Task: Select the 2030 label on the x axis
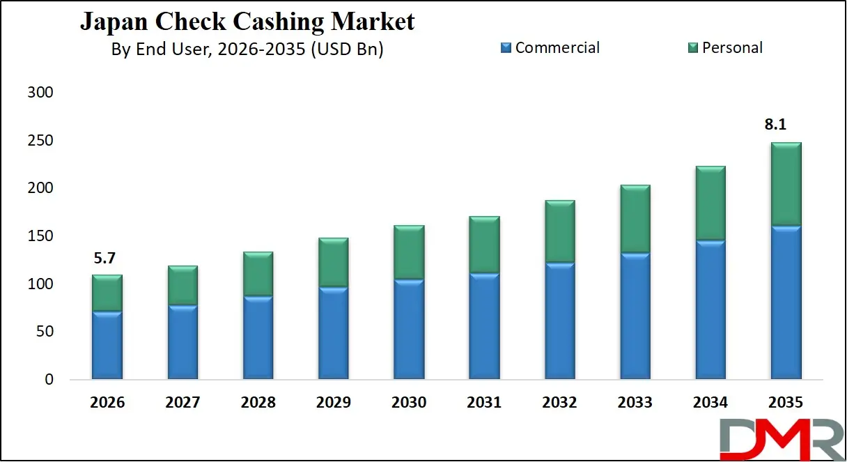(409, 403)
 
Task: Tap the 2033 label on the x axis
(635, 403)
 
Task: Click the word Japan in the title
(111, 22)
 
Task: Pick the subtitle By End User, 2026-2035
(247, 50)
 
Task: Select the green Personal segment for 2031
(484, 245)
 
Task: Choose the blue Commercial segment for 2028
(258, 338)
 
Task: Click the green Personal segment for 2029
(333, 263)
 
